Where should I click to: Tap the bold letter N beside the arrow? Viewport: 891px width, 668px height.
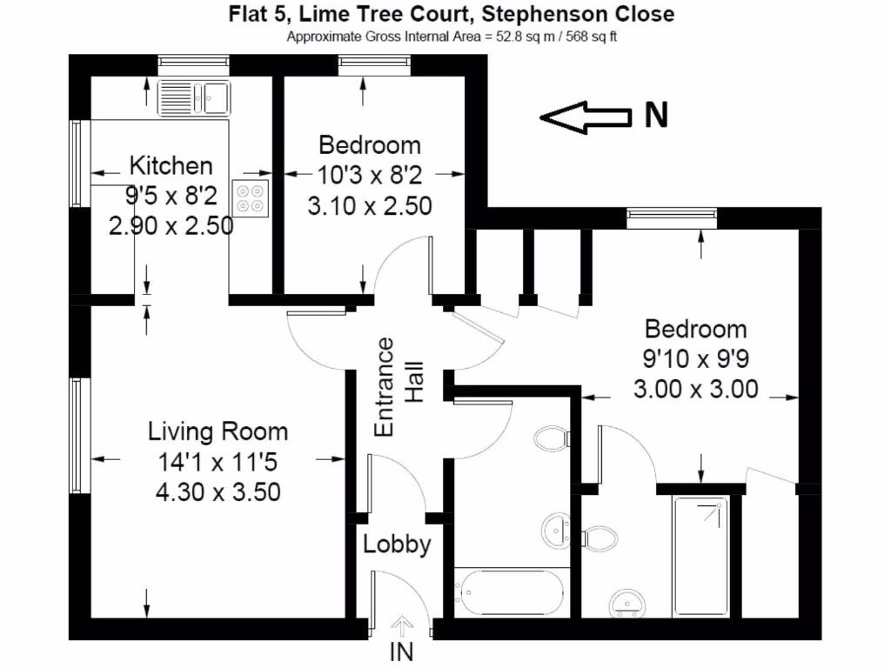tap(655, 116)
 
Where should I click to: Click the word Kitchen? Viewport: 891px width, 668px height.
tap(171, 165)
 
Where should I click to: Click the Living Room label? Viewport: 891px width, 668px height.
tap(218, 431)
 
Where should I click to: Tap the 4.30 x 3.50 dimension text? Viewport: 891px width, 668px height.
tap(218, 492)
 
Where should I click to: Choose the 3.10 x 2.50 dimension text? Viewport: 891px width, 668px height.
tap(369, 207)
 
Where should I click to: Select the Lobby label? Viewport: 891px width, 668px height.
tap(397, 545)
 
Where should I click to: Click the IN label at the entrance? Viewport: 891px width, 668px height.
tap(402, 651)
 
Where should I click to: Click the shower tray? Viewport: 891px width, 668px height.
tap(701, 554)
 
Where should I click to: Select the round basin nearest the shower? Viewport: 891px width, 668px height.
tap(624, 602)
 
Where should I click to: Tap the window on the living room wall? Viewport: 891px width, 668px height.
tap(79, 435)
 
